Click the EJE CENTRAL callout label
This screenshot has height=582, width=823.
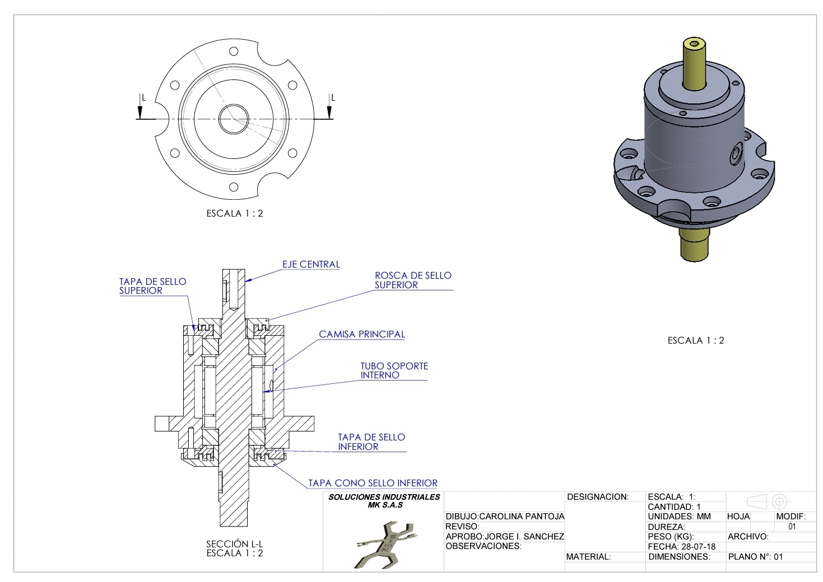point(311,264)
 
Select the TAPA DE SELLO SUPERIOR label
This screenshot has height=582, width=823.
point(152,286)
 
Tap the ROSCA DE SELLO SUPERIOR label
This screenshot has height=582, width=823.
point(413,280)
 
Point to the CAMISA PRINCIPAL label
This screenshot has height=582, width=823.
point(362,334)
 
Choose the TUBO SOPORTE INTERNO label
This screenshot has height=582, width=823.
point(394,370)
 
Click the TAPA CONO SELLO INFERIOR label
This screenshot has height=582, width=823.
point(373,483)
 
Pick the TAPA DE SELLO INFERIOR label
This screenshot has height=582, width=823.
point(371,442)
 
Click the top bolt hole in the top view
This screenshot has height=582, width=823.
point(234,51)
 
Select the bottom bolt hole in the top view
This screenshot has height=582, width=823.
point(234,187)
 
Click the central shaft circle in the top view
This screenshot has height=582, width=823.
point(234,119)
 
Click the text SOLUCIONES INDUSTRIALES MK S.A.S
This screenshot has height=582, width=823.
point(384,500)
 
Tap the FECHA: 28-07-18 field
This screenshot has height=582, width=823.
point(681,547)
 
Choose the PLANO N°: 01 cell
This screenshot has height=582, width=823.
point(755,557)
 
